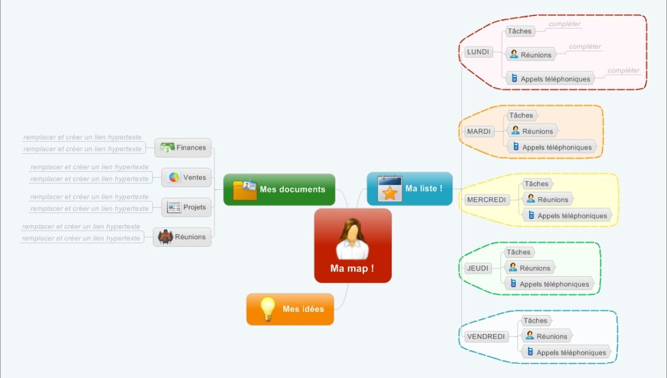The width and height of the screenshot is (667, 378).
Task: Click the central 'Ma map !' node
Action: point(352,246)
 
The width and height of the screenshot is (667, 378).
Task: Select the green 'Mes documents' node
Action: point(279,189)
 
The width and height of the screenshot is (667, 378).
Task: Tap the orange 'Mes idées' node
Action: point(290,309)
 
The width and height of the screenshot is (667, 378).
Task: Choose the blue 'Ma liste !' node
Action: point(409,189)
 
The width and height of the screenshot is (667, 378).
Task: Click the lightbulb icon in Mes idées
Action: point(267,309)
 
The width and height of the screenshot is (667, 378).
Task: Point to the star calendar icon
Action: point(390,189)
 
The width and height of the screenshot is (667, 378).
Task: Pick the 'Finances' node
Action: point(183,148)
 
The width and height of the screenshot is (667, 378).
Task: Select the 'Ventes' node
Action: point(186,177)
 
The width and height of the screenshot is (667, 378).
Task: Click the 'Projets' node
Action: point(186,207)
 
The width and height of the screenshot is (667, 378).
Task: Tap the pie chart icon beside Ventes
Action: point(174,177)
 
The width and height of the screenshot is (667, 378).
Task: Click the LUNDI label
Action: point(478,52)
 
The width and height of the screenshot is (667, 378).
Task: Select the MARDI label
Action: point(478,132)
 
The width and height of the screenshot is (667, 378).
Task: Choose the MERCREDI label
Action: point(486,200)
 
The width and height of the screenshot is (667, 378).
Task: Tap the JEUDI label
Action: point(477,269)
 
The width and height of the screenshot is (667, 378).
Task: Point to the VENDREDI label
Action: point(486,337)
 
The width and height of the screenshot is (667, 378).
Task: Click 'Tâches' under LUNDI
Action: point(519,31)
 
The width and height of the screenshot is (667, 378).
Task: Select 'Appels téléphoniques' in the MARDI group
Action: point(551,147)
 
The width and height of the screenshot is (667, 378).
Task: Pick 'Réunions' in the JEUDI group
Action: point(529,268)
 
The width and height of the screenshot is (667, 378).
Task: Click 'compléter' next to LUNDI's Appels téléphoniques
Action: point(623,71)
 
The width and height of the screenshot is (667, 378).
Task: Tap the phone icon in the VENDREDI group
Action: point(530,352)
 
